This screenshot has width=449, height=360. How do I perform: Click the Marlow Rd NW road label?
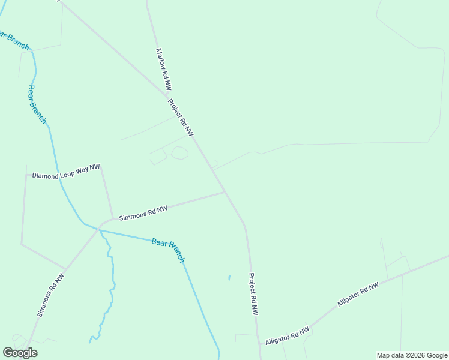[x=164, y=70]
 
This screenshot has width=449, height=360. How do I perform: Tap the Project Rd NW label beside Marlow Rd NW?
[x=181, y=118]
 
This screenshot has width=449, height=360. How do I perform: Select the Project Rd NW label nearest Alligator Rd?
[x=253, y=295]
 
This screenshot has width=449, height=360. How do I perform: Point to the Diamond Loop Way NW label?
[x=66, y=172]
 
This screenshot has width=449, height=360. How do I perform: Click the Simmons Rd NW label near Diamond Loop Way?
[x=143, y=213]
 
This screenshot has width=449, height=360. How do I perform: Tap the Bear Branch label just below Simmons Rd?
[x=167, y=250]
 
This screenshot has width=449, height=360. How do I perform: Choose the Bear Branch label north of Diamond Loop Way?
[x=37, y=104]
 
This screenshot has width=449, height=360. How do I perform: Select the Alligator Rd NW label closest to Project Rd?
[x=288, y=335]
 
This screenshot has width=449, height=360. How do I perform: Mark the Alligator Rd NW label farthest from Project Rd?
[x=358, y=295]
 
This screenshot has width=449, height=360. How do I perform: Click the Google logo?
[x=20, y=353]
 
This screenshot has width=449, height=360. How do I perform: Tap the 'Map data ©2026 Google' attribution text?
[x=412, y=355]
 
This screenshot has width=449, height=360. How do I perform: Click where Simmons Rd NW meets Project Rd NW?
[x=225, y=192]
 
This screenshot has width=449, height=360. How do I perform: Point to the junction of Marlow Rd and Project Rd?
[x=166, y=95]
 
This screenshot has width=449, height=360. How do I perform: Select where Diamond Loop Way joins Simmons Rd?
[x=112, y=218]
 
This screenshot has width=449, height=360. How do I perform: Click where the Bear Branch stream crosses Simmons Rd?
[x=99, y=229]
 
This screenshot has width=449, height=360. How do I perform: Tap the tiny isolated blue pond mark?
[x=229, y=278]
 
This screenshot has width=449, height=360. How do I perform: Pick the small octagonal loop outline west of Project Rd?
[x=179, y=153]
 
